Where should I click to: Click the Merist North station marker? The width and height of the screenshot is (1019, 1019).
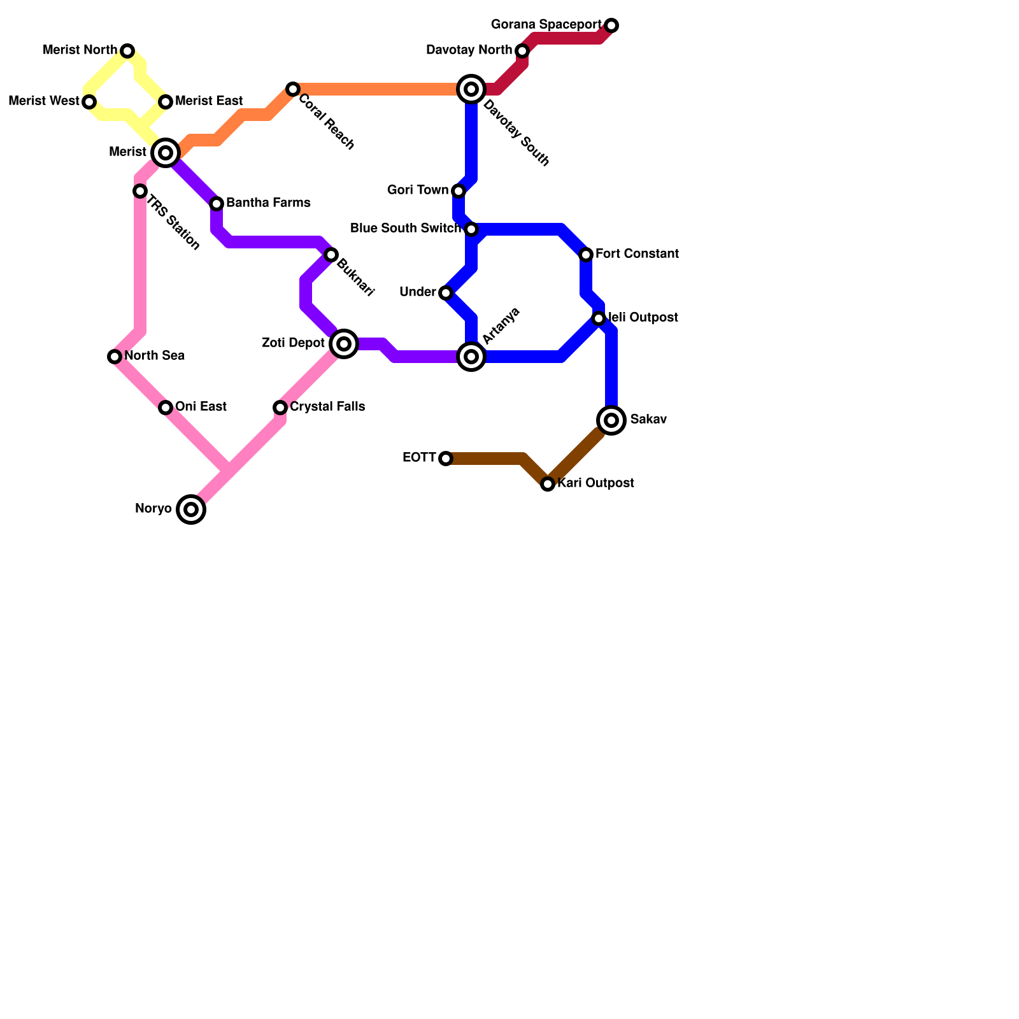coord(127,51)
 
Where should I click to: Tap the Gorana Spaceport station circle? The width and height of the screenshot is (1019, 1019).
coord(611,25)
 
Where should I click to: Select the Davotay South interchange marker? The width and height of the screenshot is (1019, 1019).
coord(471,89)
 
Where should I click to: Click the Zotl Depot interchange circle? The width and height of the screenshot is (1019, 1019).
coord(344,344)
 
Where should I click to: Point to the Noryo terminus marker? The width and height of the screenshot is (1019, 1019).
coord(191,509)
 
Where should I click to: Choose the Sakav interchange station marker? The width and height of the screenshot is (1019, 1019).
coord(611,420)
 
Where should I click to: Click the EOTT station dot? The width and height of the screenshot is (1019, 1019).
coord(446,459)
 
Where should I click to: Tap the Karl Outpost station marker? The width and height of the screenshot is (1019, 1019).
coord(548,484)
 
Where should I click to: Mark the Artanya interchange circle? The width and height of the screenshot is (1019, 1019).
coord(471,357)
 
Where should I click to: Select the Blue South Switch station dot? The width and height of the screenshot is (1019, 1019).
coord(471,229)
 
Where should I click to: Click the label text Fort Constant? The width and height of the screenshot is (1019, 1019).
coord(637,254)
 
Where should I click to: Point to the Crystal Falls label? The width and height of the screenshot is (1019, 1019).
coord(327,407)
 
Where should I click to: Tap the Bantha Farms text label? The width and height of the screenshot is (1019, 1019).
coord(268,203)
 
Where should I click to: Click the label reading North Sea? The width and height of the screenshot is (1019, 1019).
coord(154,356)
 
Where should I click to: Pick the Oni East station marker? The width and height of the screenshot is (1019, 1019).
coord(166,408)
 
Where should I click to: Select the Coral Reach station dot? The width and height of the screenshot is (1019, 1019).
coord(293,89)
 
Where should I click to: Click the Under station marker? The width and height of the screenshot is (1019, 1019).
coord(446,293)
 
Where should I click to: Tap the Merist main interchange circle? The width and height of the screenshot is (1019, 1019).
coord(166,153)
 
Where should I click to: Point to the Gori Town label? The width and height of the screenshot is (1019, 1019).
coord(418,190)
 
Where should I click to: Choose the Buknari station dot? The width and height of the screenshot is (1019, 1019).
coord(331,255)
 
